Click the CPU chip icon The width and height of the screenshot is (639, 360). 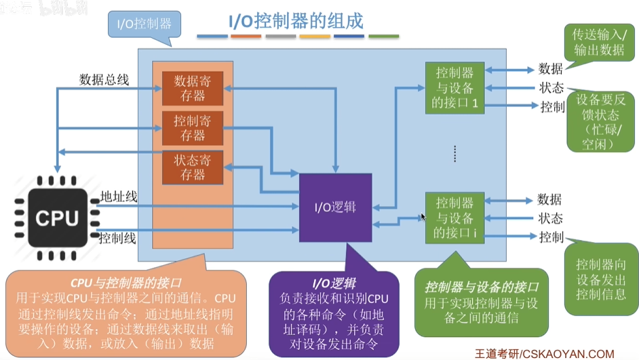[x=57, y=218]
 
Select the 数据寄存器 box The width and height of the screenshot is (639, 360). [x=193, y=87]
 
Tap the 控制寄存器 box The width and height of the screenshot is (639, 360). [x=193, y=128]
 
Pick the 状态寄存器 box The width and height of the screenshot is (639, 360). [x=193, y=167]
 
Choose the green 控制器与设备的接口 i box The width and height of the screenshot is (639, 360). [x=454, y=218]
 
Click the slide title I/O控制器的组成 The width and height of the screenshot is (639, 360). [x=295, y=20]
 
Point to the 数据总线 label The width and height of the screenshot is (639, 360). [x=104, y=79]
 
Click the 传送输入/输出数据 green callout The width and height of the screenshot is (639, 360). [x=599, y=41]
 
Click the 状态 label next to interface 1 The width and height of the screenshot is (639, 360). [x=551, y=87]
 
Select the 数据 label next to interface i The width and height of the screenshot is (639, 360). [x=549, y=199]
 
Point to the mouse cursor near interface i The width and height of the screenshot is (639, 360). [x=423, y=217]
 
